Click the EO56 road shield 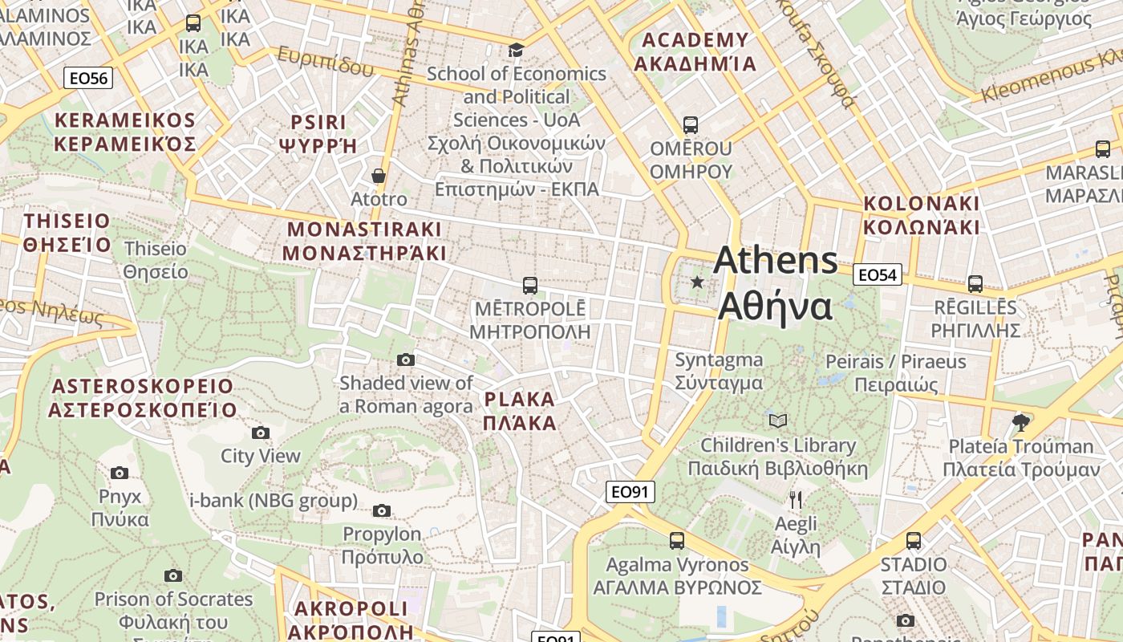(x=88, y=78)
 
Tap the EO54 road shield (x=877, y=275)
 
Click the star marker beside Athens (x=697, y=282)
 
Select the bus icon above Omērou (x=690, y=125)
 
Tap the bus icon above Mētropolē (x=529, y=285)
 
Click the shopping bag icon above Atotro (x=379, y=176)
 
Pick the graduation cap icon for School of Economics (x=516, y=50)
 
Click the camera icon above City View (x=261, y=433)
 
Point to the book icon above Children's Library (x=777, y=421)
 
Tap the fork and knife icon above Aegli (x=795, y=500)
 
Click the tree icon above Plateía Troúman (x=1020, y=421)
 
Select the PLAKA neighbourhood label (x=520, y=411)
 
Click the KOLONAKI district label (x=922, y=215)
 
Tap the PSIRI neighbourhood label (x=318, y=133)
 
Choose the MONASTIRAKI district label (x=364, y=241)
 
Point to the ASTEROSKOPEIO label (x=143, y=398)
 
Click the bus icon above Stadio (x=913, y=541)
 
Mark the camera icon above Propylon (x=382, y=510)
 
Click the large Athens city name (x=776, y=282)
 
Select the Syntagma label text (x=719, y=371)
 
